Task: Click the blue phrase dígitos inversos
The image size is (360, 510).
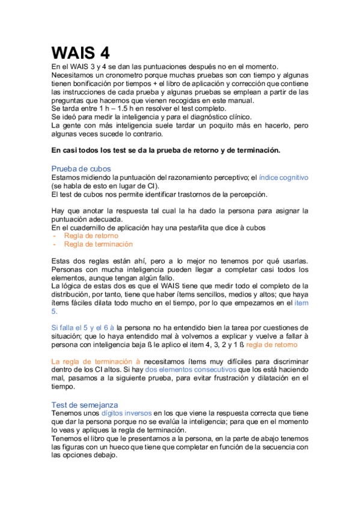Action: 127,414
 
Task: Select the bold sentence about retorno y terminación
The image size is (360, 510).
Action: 165,150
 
